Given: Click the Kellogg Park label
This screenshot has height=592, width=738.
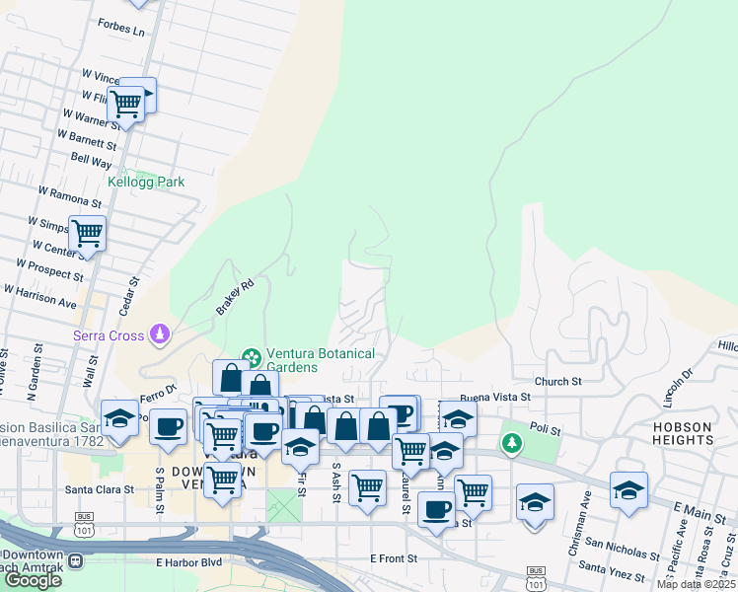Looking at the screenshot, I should tap(146, 183).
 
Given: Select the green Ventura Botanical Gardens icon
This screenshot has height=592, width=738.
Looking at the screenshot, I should tap(252, 355).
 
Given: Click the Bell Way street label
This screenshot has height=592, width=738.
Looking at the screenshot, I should tap(92, 160).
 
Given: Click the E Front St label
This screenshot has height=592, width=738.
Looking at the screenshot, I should tap(394, 558).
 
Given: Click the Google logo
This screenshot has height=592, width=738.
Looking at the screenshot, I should tap(33, 580).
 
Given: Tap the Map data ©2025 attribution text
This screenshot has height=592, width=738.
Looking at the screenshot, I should tap(697, 585).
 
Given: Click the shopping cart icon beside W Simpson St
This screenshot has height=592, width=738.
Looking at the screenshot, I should tap(87, 234).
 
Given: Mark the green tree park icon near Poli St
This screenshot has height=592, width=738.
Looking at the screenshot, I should tap(511, 443).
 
